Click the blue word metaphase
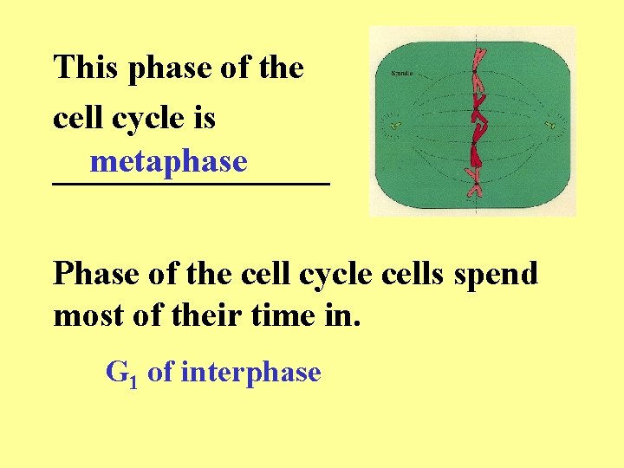tap(168, 161)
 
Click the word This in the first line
tap(87, 68)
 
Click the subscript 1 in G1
tap(133, 380)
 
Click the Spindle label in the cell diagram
tap(403, 74)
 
